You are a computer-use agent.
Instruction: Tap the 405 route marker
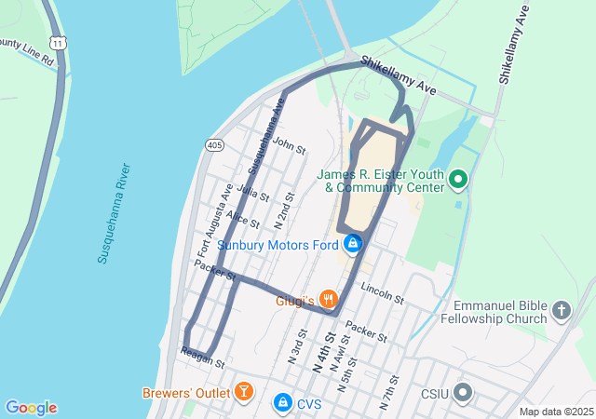tap(215, 145)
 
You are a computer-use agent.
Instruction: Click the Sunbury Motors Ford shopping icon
tap(352, 245)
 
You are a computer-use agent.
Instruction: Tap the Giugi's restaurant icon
tap(328, 299)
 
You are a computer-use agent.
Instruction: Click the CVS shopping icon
tap(281, 402)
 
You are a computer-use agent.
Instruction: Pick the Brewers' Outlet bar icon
tap(243, 391)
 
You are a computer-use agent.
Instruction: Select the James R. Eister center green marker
tap(458, 179)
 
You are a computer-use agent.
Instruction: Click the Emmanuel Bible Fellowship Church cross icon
tap(561, 308)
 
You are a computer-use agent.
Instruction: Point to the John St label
tap(290, 146)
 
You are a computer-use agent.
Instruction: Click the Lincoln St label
tap(383, 293)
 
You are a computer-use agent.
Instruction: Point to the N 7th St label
tap(389, 394)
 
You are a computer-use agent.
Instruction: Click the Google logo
tap(31, 408)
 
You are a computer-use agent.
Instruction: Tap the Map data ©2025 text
tap(555, 412)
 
